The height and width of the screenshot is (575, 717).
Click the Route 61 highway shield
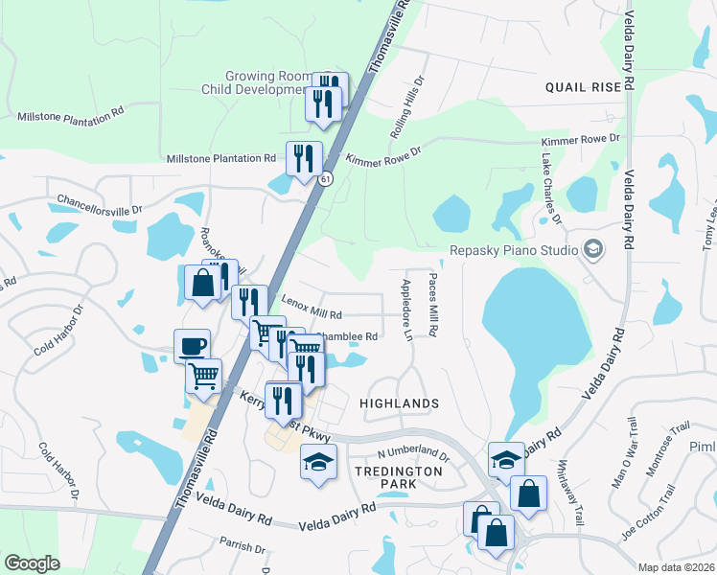(x=327, y=178)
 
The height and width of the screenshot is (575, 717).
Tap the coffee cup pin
(x=192, y=345)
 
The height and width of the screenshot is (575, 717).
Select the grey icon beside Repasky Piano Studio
(x=593, y=250)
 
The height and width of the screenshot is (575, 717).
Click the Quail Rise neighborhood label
(x=583, y=86)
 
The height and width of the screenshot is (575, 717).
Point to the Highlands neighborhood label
(x=399, y=404)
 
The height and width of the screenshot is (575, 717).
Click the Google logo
(x=33, y=563)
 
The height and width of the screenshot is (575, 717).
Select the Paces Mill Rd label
(x=433, y=304)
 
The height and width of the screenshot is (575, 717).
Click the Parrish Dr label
(x=242, y=548)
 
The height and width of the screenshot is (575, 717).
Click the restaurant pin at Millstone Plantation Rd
(x=304, y=158)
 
